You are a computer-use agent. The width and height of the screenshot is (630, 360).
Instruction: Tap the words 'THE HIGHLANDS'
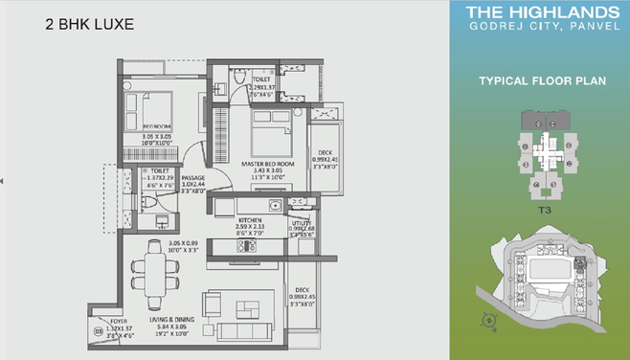coord(541,13)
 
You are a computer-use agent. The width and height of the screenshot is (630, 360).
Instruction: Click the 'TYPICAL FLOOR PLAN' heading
coord(541,83)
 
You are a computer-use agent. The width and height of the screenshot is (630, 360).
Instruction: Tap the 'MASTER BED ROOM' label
coord(260,164)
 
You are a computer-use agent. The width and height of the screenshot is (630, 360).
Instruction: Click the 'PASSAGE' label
coord(193,177)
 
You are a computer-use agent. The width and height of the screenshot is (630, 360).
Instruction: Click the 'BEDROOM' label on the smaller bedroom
coord(156,125)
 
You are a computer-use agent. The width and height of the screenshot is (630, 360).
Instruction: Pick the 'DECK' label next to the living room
coord(302,290)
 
